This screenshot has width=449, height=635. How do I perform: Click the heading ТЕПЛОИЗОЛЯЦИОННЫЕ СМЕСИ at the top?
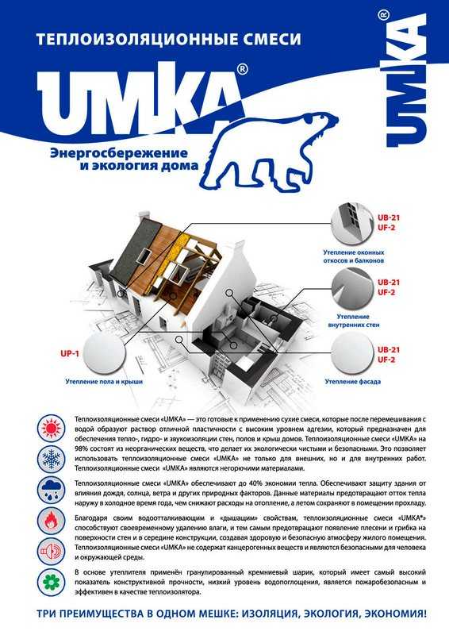pyautogui.click(x=168, y=39)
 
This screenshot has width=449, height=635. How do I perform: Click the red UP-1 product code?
pyautogui.click(x=70, y=354)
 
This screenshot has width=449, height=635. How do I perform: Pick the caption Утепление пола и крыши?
pyautogui.click(x=104, y=382)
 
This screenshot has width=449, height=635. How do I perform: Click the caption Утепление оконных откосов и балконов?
pyautogui.click(x=354, y=256)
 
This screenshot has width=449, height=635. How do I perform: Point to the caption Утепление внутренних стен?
pyautogui.click(x=354, y=321)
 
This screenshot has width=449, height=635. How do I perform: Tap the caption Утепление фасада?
pyautogui.click(x=353, y=382)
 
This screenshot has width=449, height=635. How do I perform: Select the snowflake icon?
pyautogui.click(x=52, y=460)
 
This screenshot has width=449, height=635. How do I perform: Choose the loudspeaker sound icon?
pyautogui.click(x=52, y=551)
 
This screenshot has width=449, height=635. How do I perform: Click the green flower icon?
pyautogui.click(x=52, y=583)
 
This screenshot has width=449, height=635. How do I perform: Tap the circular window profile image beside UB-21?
pyautogui.click(x=352, y=225)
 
